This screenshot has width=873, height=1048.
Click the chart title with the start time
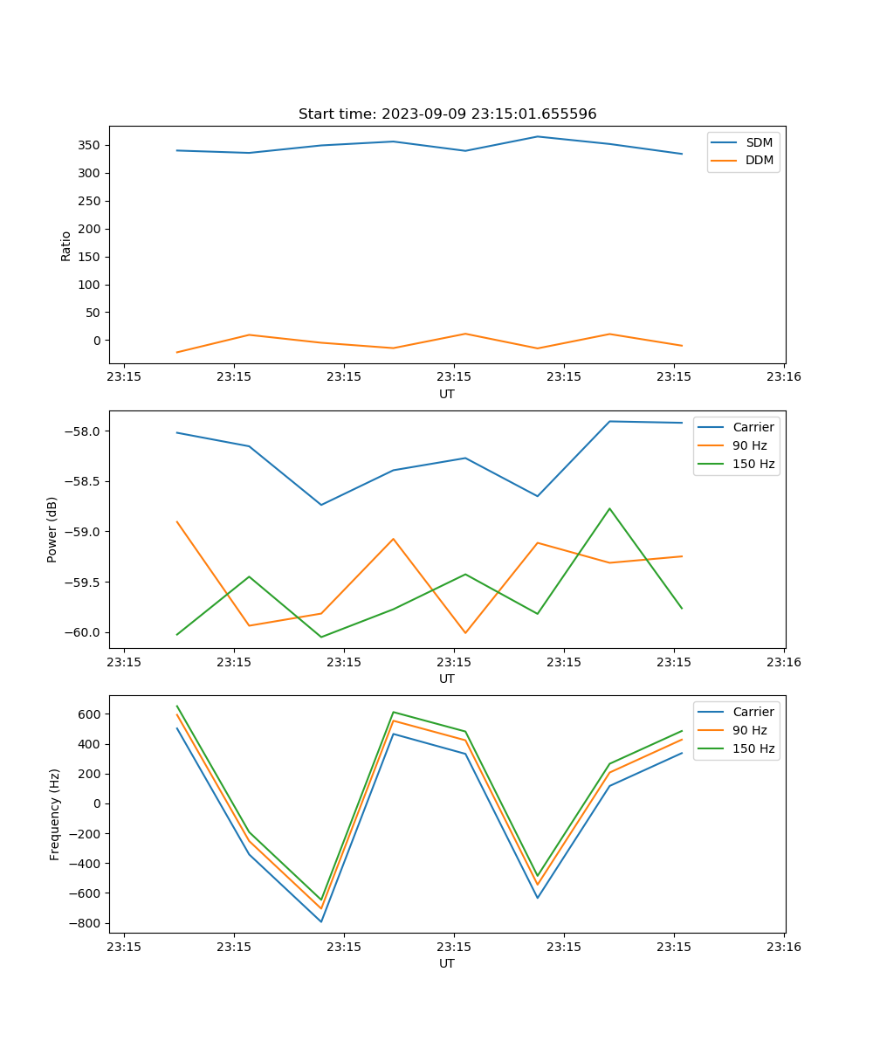click(447, 114)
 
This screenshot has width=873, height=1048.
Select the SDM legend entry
click(759, 142)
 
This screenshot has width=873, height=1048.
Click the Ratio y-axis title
click(66, 246)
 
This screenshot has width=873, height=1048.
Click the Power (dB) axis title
click(53, 529)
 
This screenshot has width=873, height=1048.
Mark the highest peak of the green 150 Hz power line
click(609, 508)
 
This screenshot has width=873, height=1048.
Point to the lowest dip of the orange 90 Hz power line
click(465, 633)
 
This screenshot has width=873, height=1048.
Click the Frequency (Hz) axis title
click(55, 814)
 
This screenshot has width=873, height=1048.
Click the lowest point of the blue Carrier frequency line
click(321, 921)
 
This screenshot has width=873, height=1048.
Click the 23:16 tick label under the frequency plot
click(784, 947)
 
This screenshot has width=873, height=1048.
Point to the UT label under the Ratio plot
click(447, 394)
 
